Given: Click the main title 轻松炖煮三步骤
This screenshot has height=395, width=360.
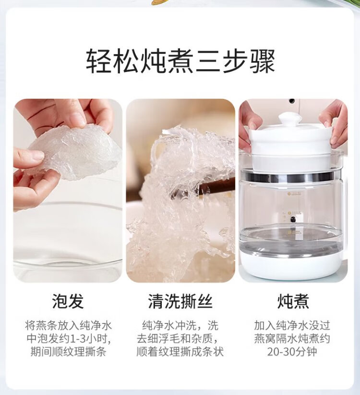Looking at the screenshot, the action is coord(180,61).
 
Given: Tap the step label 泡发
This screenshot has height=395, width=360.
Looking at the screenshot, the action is coord(68,301).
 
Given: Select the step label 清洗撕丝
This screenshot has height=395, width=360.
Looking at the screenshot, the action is coord(180,301).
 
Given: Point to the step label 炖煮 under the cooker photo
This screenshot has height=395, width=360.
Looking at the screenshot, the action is coord(293,301).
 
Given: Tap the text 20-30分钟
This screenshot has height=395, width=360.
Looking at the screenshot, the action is coord(292,352).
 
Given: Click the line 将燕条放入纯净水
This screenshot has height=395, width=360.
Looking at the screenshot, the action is coord(68,325).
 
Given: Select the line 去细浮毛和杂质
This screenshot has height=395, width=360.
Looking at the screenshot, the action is coord(177,339).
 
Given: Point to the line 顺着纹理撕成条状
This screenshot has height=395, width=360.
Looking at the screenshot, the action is coord(180,352).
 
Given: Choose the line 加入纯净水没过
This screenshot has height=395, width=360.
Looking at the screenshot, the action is coord(292,325).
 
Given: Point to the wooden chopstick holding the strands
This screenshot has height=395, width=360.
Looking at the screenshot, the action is coord(216,186).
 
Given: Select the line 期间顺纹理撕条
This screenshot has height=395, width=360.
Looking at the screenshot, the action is coord(68,352).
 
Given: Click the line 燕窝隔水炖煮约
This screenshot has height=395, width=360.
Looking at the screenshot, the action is coord(292,339).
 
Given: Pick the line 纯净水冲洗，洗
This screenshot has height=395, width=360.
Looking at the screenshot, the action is coord(180,325).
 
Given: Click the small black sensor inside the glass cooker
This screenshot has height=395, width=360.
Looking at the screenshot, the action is coord(293,219).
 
